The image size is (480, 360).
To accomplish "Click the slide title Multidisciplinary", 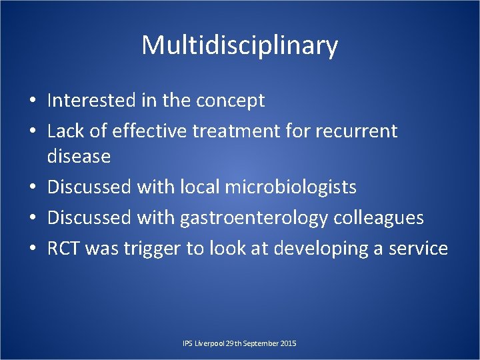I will point(240,45).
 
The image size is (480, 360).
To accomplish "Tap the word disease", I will point(79,156).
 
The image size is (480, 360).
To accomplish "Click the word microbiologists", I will point(291,187).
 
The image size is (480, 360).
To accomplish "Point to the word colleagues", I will point(384,218).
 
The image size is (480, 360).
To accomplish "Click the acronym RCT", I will point(64,249).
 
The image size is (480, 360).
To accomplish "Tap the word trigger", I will point(143,249).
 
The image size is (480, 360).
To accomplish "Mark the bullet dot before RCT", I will point(33,249).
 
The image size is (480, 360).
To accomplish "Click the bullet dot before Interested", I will point(33,101).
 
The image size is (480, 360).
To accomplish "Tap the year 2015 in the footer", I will point(288,343).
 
